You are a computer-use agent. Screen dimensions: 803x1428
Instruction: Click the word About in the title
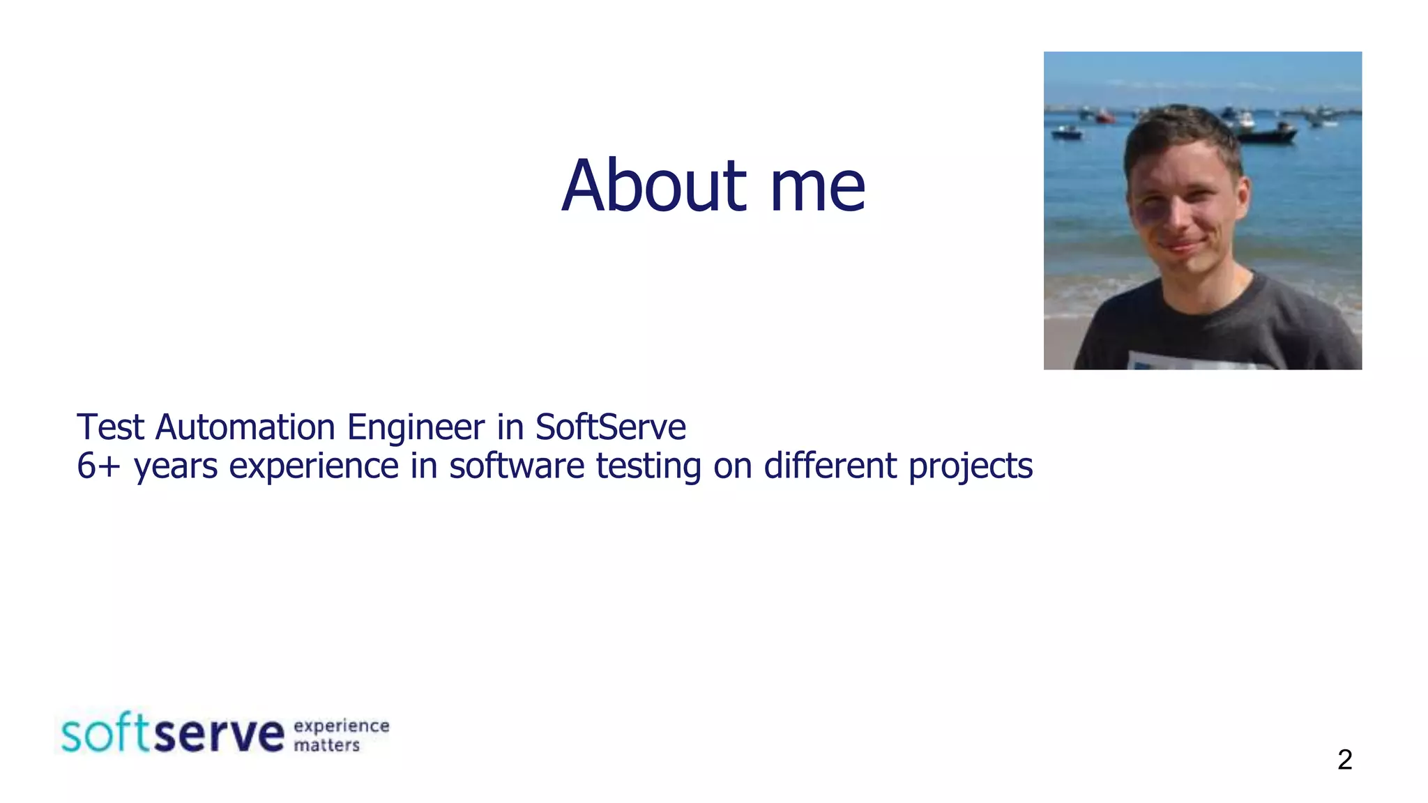click(654, 186)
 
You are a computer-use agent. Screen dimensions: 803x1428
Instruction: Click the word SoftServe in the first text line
click(610, 427)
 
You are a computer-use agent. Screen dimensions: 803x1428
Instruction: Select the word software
click(517, 466)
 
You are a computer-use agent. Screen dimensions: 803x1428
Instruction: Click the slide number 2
click(1344, 759)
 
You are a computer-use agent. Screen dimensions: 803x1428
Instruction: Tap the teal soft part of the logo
click(105, 733)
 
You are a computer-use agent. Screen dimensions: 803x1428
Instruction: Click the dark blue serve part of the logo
click(219, 735)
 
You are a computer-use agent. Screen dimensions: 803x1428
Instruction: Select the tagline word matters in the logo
click(326, 745)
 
